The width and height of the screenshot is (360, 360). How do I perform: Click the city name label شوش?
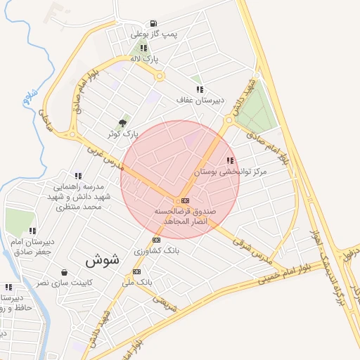tap(103, 259)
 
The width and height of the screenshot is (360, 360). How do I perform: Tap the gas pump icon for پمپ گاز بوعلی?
tap(154, 23)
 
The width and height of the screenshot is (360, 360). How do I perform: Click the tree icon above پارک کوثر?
tap(123, 122)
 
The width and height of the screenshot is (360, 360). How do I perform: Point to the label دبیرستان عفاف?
tap(199, 101)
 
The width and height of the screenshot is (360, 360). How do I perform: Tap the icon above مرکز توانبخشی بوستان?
tap(230, 160)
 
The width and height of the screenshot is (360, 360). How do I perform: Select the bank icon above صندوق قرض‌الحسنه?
tap(185, 200)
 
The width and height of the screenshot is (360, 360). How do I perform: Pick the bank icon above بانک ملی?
tap(136, 271)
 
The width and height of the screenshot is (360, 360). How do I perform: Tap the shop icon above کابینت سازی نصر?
tap(65, 272)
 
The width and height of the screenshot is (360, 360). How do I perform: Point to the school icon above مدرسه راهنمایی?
tap(78, 176)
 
